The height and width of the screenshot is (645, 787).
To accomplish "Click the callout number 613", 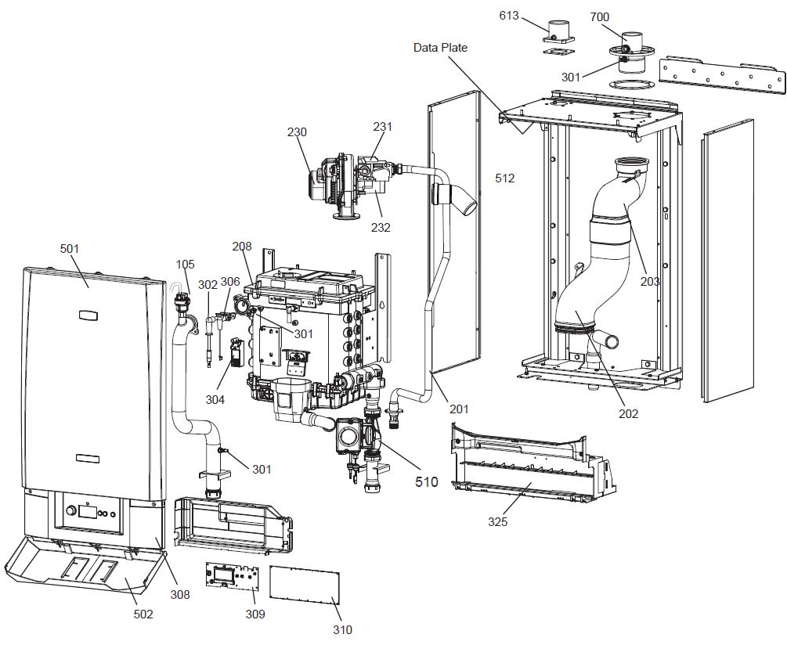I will [509, 15].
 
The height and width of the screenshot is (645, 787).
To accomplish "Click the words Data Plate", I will [440, 48].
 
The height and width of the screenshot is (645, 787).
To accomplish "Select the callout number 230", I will [297, 133].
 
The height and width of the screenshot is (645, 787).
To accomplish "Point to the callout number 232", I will [381, 228].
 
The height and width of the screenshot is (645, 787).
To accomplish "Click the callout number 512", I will [505, 178].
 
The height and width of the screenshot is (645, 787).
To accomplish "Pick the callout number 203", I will [649, 281].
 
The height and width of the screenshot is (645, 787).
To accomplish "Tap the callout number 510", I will [426, 481].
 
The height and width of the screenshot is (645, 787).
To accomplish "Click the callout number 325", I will [497, 521].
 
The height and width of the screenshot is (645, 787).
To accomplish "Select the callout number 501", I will [70, 248].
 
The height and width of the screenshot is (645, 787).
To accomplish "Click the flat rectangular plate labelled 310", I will [306, 587].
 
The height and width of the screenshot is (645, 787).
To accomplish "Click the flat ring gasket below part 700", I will [629, 84].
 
